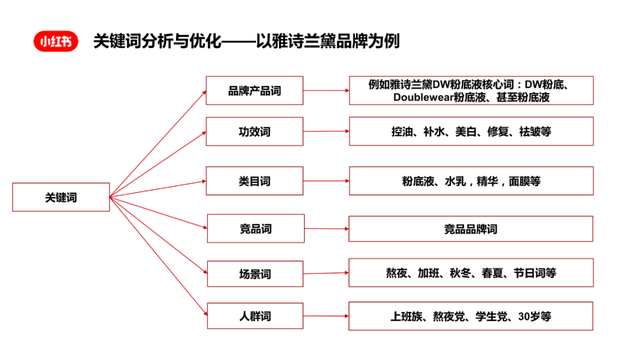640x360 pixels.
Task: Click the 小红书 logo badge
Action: click(x=55, y=42)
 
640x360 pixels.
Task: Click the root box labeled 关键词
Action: click(x=62, y=196)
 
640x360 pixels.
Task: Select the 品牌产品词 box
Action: click(x=254, y=91)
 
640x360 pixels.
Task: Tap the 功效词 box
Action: click(x=254, y=131)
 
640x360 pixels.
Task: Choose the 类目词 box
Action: click(x=254, y=181)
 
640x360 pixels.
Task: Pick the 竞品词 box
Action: click(x=254, y=228)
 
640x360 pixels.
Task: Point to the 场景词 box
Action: click(x=254, y=273)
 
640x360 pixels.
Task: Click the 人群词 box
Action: click(x=254, y=317)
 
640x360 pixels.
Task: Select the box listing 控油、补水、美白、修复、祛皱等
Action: click(x=470, y=131)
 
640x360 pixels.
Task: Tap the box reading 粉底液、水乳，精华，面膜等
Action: click(x=470, y=181)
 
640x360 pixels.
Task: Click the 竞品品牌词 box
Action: click(x=470, y=228)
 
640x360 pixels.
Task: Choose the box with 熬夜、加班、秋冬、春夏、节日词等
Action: click(x=470, y=272)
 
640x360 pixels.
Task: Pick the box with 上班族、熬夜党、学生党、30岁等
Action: click(x=470, y=316)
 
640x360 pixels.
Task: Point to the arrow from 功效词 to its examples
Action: click(x=324, y=131)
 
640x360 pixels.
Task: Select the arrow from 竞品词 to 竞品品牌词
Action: click(x=324, y=228)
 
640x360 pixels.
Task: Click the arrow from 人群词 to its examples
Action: click(x=324, y=316)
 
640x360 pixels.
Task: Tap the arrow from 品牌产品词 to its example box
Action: click(x=324, y=91)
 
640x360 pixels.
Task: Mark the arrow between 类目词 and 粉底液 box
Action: click(x=324, y=181)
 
